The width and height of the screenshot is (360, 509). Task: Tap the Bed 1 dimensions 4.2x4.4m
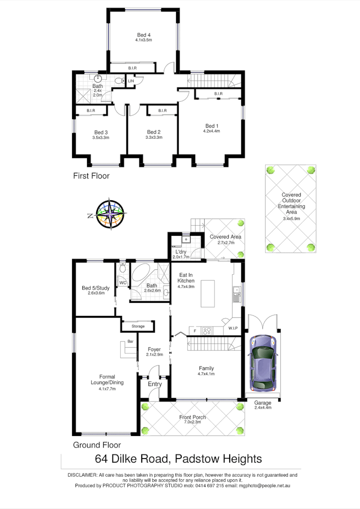pyautogui.click(x=211, y=131)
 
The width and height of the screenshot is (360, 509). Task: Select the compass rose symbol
pyautogui.click(x=110, y=214)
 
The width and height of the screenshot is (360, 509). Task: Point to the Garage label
pyautogui.click(x=263, y=402)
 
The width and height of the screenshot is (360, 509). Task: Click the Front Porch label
pyautogui.click(x=192, y=417)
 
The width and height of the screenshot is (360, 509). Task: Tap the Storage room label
pyautogui.click(x=138, y=327)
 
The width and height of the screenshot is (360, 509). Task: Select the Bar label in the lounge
pyautogui.click(x=130, y=342)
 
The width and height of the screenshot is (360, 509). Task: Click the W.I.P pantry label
pyautogui.click(x=234, y=328)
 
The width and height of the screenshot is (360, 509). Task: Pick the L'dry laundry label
pyautogui.click(x=181, y=252)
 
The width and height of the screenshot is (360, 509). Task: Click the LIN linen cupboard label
pyautogui.click(x=131, y=81)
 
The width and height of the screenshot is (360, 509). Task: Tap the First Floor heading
pyautogui.click(x=91, y=176)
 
